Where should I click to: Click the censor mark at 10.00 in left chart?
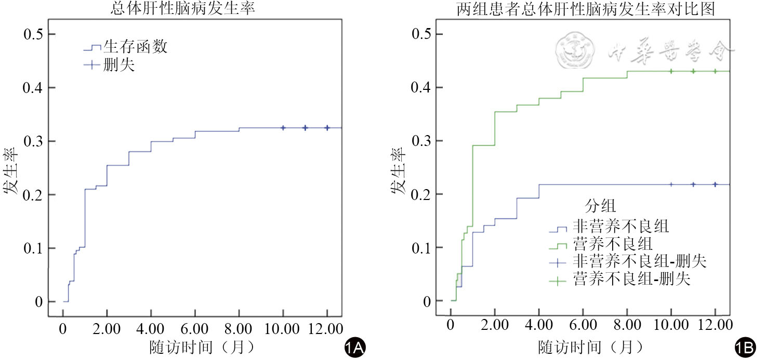[x=283, y=128]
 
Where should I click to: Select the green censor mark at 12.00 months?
[x=715, y=71]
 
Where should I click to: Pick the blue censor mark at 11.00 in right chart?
[x=693, y=184]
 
